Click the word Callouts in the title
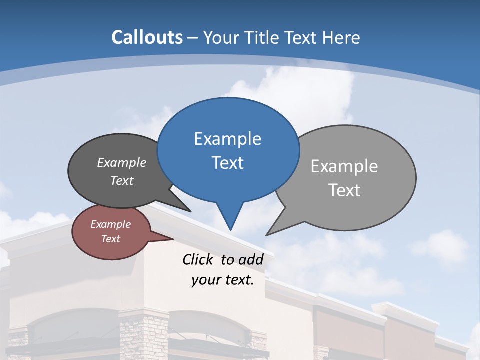[x=147, y=37]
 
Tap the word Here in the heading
[x=341, y=37]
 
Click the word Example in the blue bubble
[x=227, y=139]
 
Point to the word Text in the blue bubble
[x=227, y=163]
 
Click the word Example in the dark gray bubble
[x=122, y=162]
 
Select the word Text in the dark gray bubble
[x=122, y=180]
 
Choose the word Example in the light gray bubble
[x=344, y=166]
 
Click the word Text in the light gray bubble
[x=344, y=190]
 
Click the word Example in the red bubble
[x=110, y=224]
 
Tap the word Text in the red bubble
[x=110, y=238]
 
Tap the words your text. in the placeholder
[x=222, y=280]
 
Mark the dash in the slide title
[x=193, y=38]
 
